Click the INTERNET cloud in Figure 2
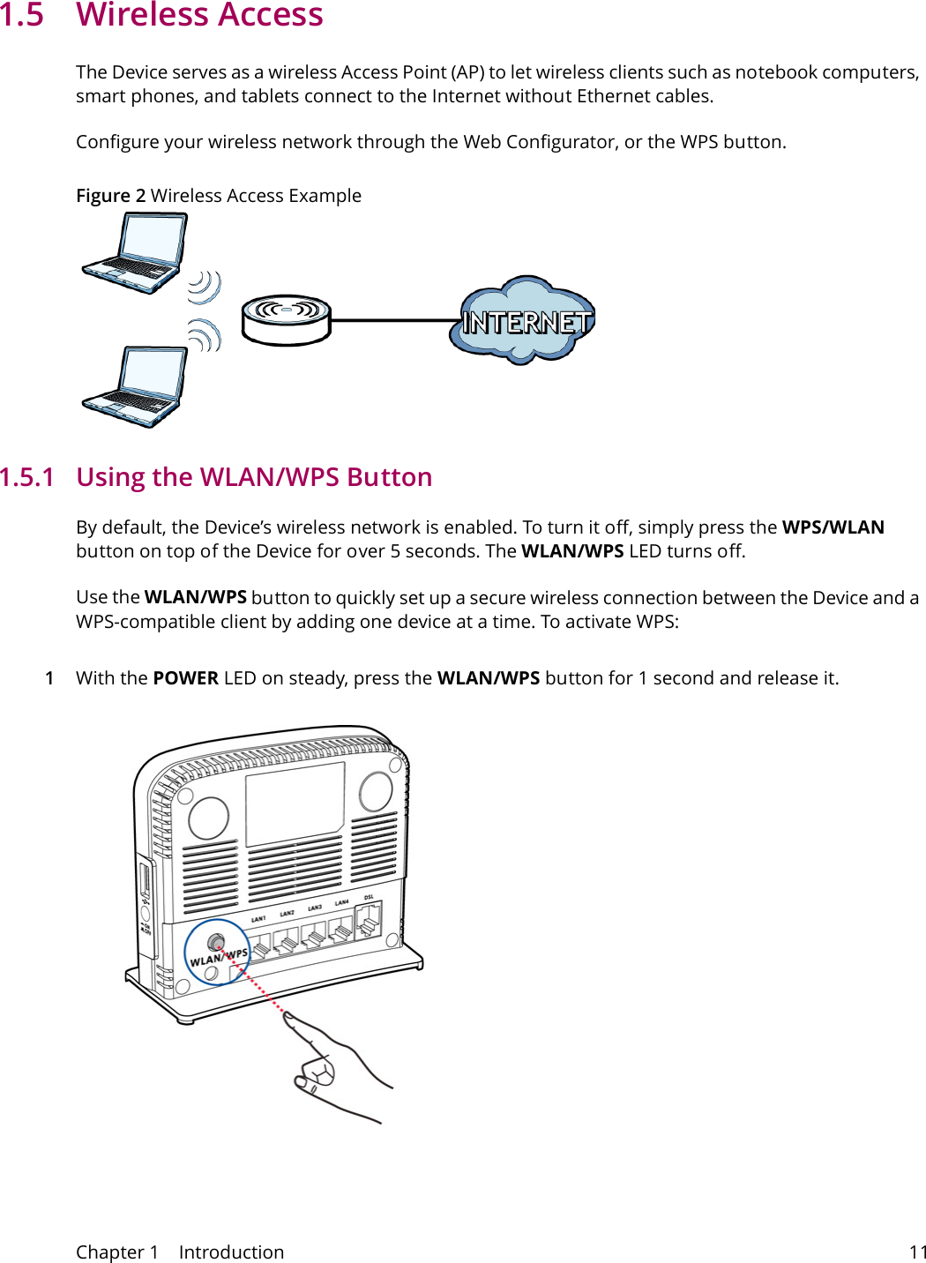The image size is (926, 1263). pyautogui.click(x=524, y=322)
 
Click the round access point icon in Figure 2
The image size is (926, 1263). pyautogui.click(x=286, y=319)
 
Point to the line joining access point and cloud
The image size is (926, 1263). pyautogui.click(x=394, y=320)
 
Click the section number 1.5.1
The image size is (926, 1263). pyautogui.click(x=27, y=477)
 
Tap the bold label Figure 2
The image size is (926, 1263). pyautogui.click(x=110, y=196)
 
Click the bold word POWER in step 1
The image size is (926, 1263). pyautogui.click(x=185, y=678)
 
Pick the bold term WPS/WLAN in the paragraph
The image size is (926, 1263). pyautogui.click(x=833, y=527)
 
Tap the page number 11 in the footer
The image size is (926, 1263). pyautogui.click(x=917, y=1252)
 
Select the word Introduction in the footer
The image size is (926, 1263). pyautogui.click(x=231, y=1252)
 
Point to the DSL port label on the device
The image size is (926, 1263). pyautogui.click(x=369, y=898)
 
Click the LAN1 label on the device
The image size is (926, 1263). pyautogui.click(x=258, y=919)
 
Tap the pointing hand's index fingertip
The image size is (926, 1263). pyautogui.click(x=288, y=1017)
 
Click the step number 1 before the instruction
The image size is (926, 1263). pyautogui.click(x=49, y=678)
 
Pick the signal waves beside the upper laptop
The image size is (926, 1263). pyautogui.click(x=205, y=287)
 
